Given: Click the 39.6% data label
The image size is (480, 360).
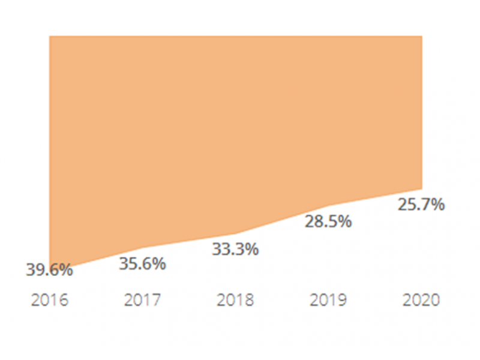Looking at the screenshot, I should pyautogui.click(x=49, y=270).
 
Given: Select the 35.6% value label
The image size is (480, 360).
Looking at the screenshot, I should pyautogui.click(x=142, y=263).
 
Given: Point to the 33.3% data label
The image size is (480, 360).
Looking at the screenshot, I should pyautogui.click(x=235, y=249).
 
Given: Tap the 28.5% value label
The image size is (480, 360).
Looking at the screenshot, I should pyautogui.click(x=328, y=221).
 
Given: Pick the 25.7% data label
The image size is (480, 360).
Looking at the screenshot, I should pyautogui.click(x=421, y=205).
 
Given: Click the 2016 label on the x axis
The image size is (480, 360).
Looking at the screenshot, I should pyautogui.click(x=49, y=300).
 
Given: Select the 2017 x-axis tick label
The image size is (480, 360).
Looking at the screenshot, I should pyautogui.click(x=142, y=300).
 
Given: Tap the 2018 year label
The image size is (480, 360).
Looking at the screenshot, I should pyautogui.click(x=235, y=300).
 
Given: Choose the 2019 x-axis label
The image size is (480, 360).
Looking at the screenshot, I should pyautogui.click(x=328, y=300).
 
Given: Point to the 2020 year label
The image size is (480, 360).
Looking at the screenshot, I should pyautogui.click(x=421, y=300).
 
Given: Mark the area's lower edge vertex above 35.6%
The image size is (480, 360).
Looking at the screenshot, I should pyautogui.click(x=142, y=248).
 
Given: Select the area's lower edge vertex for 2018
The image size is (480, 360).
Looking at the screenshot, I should pyautogui.click(x=235, y=234).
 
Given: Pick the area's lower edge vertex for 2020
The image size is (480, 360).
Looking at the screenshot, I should pyautogui.click(x=422, y=189).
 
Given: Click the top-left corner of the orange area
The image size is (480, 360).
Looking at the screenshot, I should pyautogui.click(x=50, y=36).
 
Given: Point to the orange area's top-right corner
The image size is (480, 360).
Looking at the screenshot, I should pyautogui.click(x=422, y=36).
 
